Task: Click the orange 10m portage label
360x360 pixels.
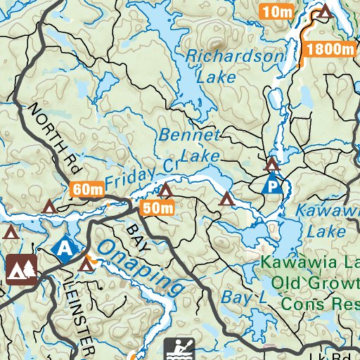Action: [x=276, y=11]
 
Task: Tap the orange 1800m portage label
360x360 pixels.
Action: [x=329, y=49]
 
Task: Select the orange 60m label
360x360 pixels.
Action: [x=87, y=188]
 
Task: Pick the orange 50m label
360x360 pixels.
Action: [x=157, y=207]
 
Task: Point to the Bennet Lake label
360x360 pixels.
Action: [x=190, y=144]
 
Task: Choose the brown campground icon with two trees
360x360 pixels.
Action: [x=22, y=268]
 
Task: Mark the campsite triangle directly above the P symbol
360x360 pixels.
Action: [x=272, y=165]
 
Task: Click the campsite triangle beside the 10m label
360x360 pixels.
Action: [x=324, y=11]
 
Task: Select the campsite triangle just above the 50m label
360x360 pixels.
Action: [x=165, y=191]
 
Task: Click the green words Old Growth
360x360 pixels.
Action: [x=309, y=283]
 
